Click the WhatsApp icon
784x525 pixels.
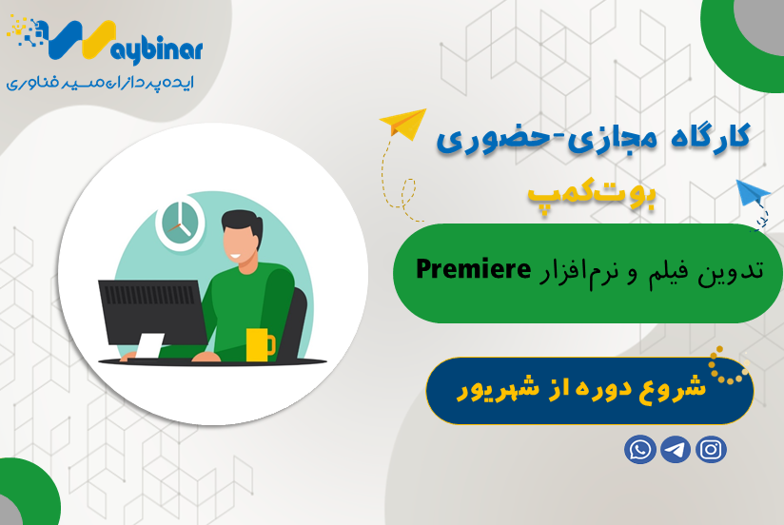tap(640, 449)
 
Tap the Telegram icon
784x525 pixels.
tap(676, 449)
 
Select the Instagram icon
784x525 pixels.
tap(711, 449)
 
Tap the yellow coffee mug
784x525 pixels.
tap(258, 344)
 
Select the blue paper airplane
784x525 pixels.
tap(754, 196)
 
